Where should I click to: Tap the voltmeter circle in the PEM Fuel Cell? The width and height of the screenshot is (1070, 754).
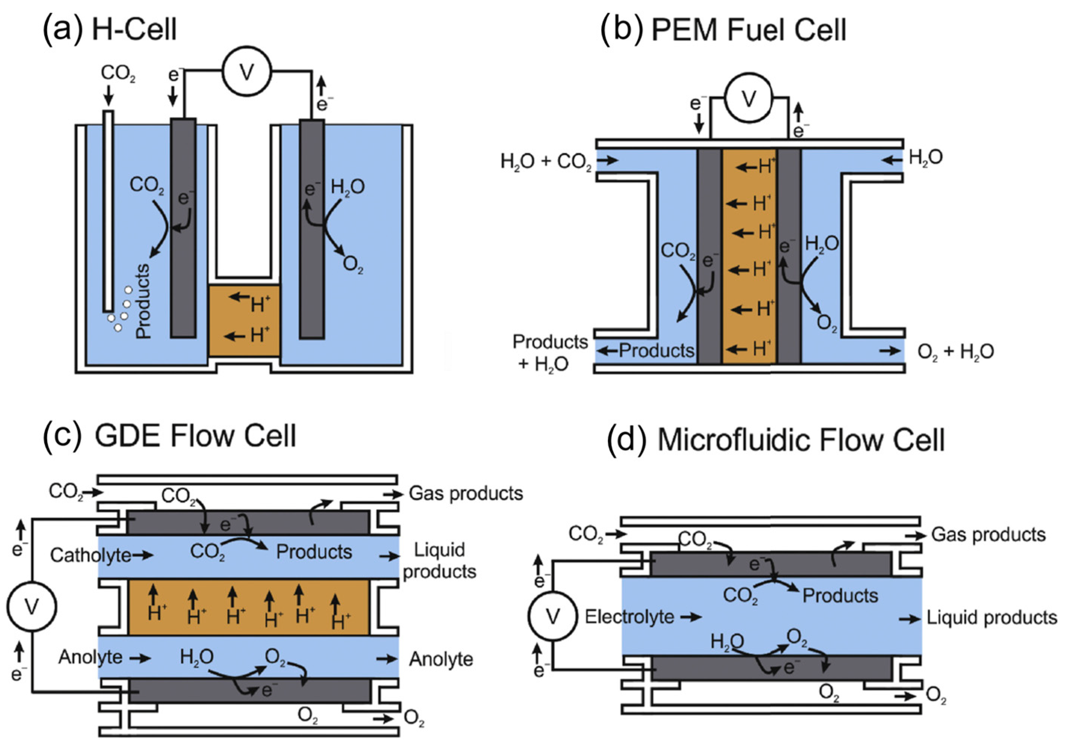(749, 98)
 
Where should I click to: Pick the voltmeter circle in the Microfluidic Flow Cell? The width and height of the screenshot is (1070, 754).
(553, 616)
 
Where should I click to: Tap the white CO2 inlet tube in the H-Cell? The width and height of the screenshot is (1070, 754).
(108, 210)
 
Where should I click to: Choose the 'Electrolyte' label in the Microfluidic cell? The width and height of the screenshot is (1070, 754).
(629, 617)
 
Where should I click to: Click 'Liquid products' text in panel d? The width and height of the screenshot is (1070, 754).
(992, 618)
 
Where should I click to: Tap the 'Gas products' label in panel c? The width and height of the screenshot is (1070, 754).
(465, 493)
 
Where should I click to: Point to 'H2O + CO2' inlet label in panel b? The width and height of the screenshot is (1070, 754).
(546, 161)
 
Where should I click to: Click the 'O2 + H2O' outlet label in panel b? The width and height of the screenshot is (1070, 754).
(955, 352)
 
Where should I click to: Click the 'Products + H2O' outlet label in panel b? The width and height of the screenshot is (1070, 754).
(550, 352)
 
